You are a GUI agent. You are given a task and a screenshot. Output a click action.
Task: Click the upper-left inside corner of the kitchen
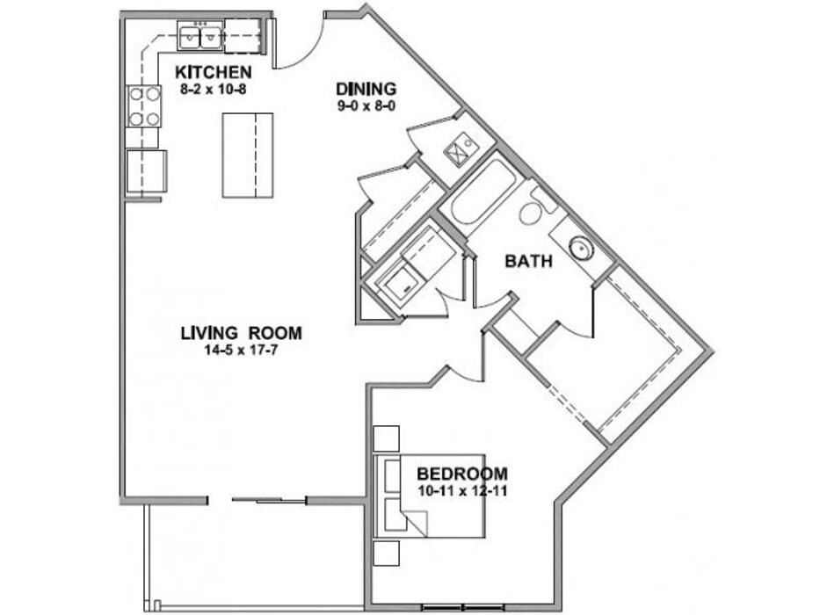(x=126, y=20)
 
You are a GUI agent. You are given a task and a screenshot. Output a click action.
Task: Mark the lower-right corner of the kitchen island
(x=273, y=197)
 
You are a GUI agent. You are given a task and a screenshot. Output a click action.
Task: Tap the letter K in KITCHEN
(x=181, y=72)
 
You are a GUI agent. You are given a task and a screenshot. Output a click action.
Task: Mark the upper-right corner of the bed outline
(x=485, y=454)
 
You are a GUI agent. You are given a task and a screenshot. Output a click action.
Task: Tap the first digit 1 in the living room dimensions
(x=208, y=350)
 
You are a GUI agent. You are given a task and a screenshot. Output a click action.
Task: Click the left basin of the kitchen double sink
(x=189, y=38)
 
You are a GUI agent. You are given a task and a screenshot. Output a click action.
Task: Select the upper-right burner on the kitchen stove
(x=153, y=94)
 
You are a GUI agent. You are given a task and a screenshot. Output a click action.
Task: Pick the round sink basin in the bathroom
(x=581, y=250)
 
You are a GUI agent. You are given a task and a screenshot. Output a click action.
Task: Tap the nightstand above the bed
(x=387, y=438)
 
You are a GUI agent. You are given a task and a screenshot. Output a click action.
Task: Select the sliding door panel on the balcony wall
(x=268, y=501)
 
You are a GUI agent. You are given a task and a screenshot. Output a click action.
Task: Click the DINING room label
(x=366, y=89)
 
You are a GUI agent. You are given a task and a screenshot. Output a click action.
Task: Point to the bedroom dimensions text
(x=463, y=491)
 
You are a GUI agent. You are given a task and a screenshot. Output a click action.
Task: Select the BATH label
(x=529, y=261)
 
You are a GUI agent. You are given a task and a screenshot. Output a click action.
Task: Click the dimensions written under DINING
(x=366, y=106)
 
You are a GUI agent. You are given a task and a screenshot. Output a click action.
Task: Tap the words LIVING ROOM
(x=242, y=333)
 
